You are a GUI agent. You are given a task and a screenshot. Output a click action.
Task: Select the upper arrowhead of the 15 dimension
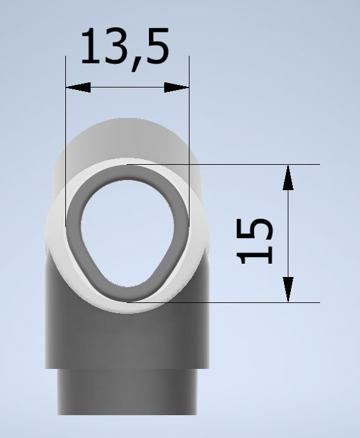click(288, 177)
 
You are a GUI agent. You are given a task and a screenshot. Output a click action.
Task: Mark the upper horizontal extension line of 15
click(254, 164)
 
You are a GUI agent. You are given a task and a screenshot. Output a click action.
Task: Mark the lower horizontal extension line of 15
click(254, 302)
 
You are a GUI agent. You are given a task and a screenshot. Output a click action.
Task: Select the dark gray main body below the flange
click(127, 336)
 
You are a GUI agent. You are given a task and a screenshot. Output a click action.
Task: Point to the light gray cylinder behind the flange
click(127, 136)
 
